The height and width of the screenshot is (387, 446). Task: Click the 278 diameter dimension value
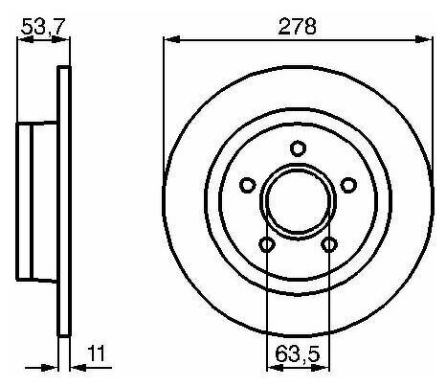(298, 26)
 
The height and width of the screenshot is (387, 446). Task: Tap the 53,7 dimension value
(43, 27)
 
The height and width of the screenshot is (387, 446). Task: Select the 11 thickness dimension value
(96, 353)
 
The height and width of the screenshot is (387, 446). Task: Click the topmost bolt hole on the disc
(299, 148)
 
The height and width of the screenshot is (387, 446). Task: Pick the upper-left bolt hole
(247, 185)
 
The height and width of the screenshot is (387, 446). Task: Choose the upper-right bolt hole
(348, 185)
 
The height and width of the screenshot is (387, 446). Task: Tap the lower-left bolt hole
(267, 245)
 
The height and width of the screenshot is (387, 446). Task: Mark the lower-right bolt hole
(329, 245)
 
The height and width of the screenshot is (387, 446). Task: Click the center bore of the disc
(298, 200)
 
